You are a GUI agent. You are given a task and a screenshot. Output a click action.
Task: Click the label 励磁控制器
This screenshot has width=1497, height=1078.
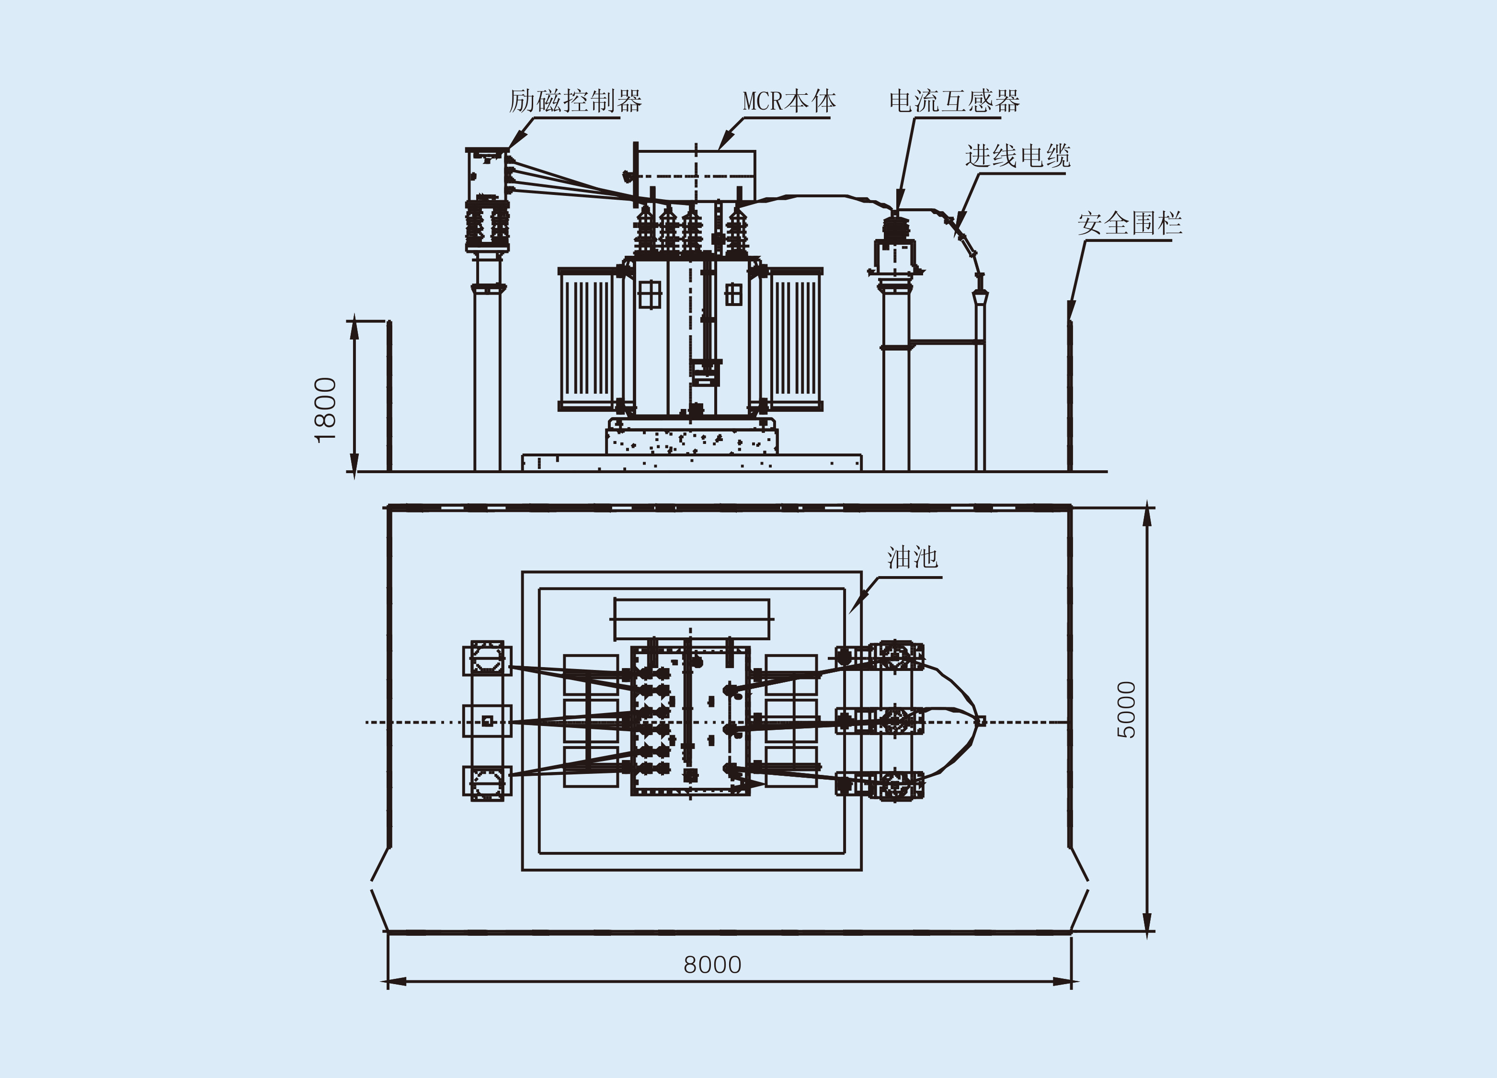pyautogui.click(x=575, y=101)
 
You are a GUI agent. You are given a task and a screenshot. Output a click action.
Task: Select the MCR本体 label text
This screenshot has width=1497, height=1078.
pyautogui.click(x=789, y=101)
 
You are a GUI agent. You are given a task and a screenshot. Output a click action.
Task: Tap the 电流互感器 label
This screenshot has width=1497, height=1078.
pyautogui.click(x=954, y=101)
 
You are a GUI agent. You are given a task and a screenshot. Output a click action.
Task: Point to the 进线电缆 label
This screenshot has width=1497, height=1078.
pyautogui.click(x=1017, y=156)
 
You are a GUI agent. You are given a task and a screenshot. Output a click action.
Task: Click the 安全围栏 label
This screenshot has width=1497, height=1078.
pyautogui.click(x=1130, y=223)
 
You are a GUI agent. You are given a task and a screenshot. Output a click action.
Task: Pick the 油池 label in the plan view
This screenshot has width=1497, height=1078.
pyautogui.click(x=912, y=557)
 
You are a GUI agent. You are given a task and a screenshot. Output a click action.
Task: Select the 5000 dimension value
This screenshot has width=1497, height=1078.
pyautogui.click(x=1127, y=710)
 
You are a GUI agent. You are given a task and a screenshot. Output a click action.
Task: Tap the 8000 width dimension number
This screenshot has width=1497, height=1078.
pyautogui.click(x=712, y=965)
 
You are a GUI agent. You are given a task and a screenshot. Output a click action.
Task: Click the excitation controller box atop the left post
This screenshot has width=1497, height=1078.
pyautogui.click(x=487, y=174)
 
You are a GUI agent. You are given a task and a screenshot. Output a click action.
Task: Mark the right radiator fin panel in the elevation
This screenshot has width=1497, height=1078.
pyautogui.click(x=795, y=339)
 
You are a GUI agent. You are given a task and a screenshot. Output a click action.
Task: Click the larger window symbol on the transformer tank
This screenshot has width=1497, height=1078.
pyautogui.click(x=650, y=294)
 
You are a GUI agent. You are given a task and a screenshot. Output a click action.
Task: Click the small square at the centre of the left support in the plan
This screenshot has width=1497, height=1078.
pyautogui.click(x=487, y=721)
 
